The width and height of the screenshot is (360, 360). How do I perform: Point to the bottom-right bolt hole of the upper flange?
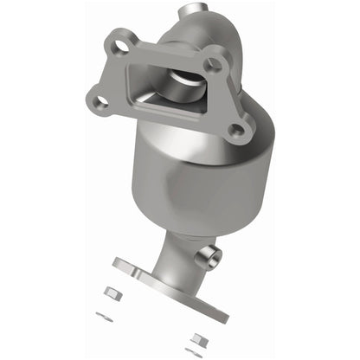pyautogui.click(x=234, y=131)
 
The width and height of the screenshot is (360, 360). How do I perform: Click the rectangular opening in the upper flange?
pyautogui.click(x=168, y=86)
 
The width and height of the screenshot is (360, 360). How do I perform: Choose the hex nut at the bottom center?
pyautogui.click(x=197, y=339)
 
